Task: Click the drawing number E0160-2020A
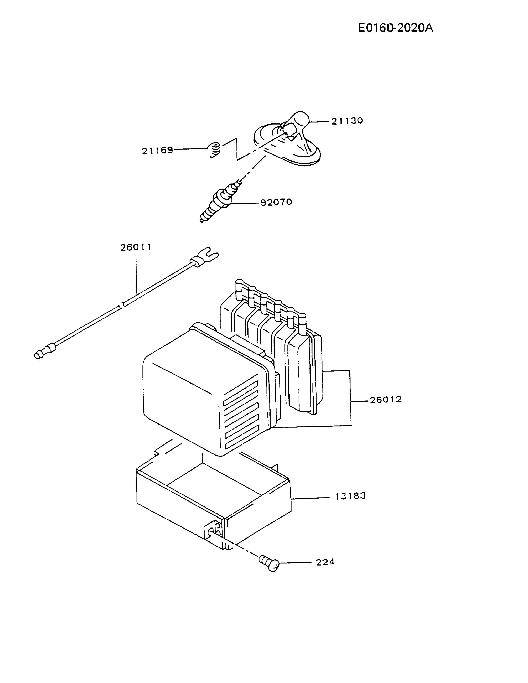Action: [x=396, y=28]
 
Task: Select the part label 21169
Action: [x=157, y=151]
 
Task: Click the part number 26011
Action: [x=136, y=247]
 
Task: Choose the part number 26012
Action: [x=386, y=400]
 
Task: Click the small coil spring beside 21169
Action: [x=214, y=150]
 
